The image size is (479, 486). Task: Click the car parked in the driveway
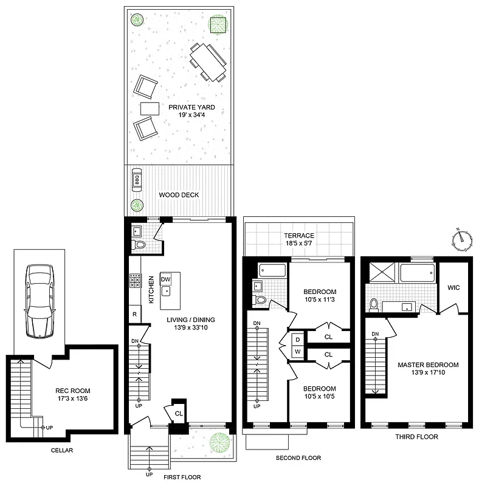click(x=39, y=301)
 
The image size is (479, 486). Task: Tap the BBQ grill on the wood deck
click(x=136, y=180)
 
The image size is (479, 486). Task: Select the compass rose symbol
click(x=461, y=240)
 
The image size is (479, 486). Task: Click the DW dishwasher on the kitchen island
click(x=165, y=279)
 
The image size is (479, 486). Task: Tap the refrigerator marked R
click(x=134, y=314)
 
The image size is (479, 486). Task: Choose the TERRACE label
click(x=298, y=235)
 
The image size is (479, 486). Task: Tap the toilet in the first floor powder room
click(x=139, y=245)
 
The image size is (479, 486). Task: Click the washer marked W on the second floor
click(x=298, y=351)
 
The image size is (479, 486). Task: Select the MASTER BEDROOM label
click(x=428, y=365)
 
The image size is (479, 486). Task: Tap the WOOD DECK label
click(x=179, y=195)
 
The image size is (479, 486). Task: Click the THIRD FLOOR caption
click(x=418, y=437)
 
